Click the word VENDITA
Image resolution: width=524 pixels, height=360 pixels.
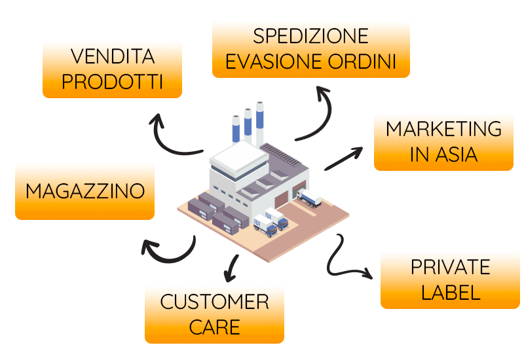coord(113,56)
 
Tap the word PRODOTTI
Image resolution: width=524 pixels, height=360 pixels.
coord(112,81)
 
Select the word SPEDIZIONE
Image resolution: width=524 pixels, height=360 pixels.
coord(310,36)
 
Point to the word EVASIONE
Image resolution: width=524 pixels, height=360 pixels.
coord(274,61)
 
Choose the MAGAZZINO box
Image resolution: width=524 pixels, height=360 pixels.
coord(85,191)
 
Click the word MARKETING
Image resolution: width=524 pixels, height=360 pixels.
coord(444,128)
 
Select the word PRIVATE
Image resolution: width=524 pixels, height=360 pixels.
coord(451,267)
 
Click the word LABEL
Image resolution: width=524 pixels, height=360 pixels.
coord(451,293)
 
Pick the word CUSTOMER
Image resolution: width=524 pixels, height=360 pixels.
coord(215,302)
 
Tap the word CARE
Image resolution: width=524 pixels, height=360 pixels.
coord(215,327)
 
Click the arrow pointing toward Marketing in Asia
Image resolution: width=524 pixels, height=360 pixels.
coord(343,158)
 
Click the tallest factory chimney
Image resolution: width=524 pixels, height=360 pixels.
coord(259,124)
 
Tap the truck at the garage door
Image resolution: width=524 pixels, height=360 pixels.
coord(309,198)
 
